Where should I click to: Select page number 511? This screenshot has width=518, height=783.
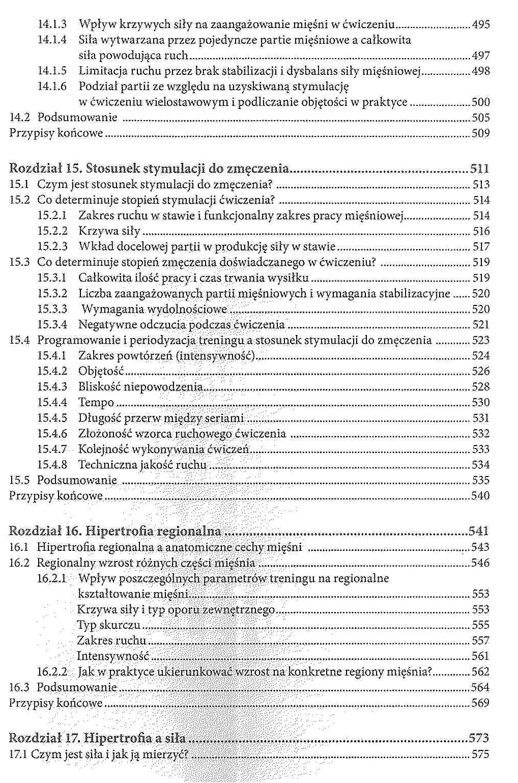[x=479, y=169]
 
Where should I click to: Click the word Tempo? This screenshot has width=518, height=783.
[x=96, y=403]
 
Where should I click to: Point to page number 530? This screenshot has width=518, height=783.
[x=481, y=403]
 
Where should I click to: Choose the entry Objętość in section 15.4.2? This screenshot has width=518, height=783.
[x=101, y=372]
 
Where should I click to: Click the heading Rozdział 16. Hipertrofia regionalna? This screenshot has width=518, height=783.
[x=115, y=532]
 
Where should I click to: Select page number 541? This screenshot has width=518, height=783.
[x=479, y=532]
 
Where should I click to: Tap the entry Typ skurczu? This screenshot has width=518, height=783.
[x=108, y=625]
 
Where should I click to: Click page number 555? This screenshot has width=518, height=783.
[x=481, y=625]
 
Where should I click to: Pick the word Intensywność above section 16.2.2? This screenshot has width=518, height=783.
[x=113, y=656]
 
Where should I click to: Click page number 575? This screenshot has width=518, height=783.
[x=481, y=754]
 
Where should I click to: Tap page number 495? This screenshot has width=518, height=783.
[x=481, y=24]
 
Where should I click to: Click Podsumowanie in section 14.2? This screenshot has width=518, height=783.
[x=77, y=118]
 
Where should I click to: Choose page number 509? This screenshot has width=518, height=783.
[x=481, y=133]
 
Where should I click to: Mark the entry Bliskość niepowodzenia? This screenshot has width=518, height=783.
[x=140, y=387]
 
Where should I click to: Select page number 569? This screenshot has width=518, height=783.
[x=481, y=703]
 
